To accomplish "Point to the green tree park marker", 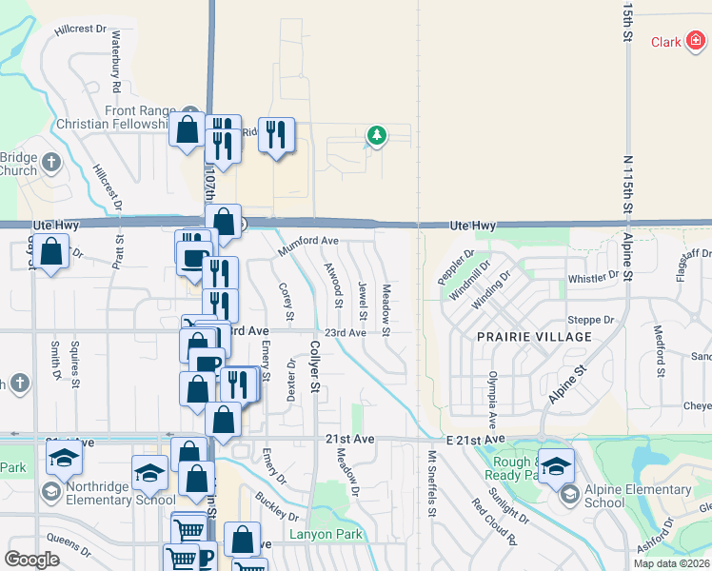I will click(x=377, y=136).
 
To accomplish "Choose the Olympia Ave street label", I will click(x=492, y=401).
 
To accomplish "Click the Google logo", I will click(x=31, y=560).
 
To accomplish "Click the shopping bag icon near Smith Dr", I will click(x=53, y=253).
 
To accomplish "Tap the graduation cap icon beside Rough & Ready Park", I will click(x=556, y=465).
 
